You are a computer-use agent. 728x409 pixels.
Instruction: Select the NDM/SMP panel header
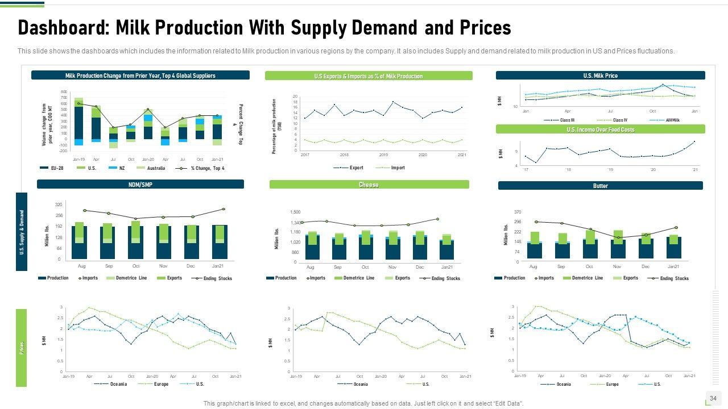click(140, 185)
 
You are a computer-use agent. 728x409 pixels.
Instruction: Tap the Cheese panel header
click(369, 185)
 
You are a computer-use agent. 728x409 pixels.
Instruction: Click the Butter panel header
click(600, 186)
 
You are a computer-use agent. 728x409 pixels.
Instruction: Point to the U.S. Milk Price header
click(600, 76)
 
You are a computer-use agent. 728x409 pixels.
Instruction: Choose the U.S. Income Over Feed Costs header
click(600, 130)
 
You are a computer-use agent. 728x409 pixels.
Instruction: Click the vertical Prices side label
click(22, 348)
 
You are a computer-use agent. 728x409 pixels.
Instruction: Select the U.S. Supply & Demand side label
click(22, 232)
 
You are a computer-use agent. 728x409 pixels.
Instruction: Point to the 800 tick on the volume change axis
click(64, 91)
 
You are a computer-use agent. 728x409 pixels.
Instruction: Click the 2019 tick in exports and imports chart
click(383, 155)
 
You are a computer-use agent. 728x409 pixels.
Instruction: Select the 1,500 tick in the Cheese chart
click(295, 212)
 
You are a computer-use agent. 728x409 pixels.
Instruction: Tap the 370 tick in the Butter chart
click(518, 212)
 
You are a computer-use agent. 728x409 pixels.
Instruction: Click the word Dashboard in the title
click(62, 27)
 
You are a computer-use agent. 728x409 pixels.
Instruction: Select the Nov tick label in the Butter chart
click(617, 266)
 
